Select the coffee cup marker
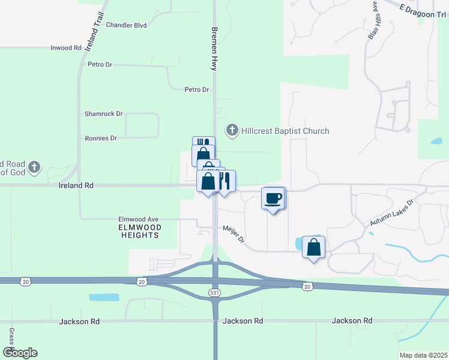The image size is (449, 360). [x=273, y=199]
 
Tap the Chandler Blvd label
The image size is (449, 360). [x=126, y=25]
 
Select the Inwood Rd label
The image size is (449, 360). [x=66, y=47]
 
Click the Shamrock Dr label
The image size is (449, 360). [x=104, y=113]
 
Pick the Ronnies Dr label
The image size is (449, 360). [x=101, y=138]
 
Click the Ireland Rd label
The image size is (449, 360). [x=76, y=186]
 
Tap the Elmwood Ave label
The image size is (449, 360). [x=138, y=219]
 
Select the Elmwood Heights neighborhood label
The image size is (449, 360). [x=139, y=231]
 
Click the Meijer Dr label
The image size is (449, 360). [x=234, y=235]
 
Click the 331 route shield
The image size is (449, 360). [x=214, y=292]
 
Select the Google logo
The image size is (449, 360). [x=20, y=353]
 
